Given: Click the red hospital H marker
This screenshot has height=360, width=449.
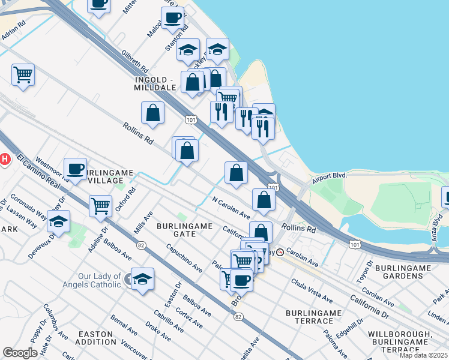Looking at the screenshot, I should click(x=4, y=159).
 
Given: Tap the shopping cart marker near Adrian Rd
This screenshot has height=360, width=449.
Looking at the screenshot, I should click(x=23, y=75).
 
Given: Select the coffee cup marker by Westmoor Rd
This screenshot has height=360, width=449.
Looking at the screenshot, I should click(x=75, y=169).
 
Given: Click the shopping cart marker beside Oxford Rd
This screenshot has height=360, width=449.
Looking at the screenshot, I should click(x=100, y=206).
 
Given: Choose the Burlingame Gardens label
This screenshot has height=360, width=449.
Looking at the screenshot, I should click(x=402, y=271).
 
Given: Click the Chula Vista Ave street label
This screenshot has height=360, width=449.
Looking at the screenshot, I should click(x=312, y=291).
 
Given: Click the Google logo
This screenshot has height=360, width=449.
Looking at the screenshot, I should click(x=20, y=353).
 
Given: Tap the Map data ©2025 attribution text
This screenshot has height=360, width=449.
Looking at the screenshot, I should click(x=423, y=355).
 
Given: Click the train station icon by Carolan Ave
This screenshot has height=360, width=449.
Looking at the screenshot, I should click(x=279, y=252).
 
